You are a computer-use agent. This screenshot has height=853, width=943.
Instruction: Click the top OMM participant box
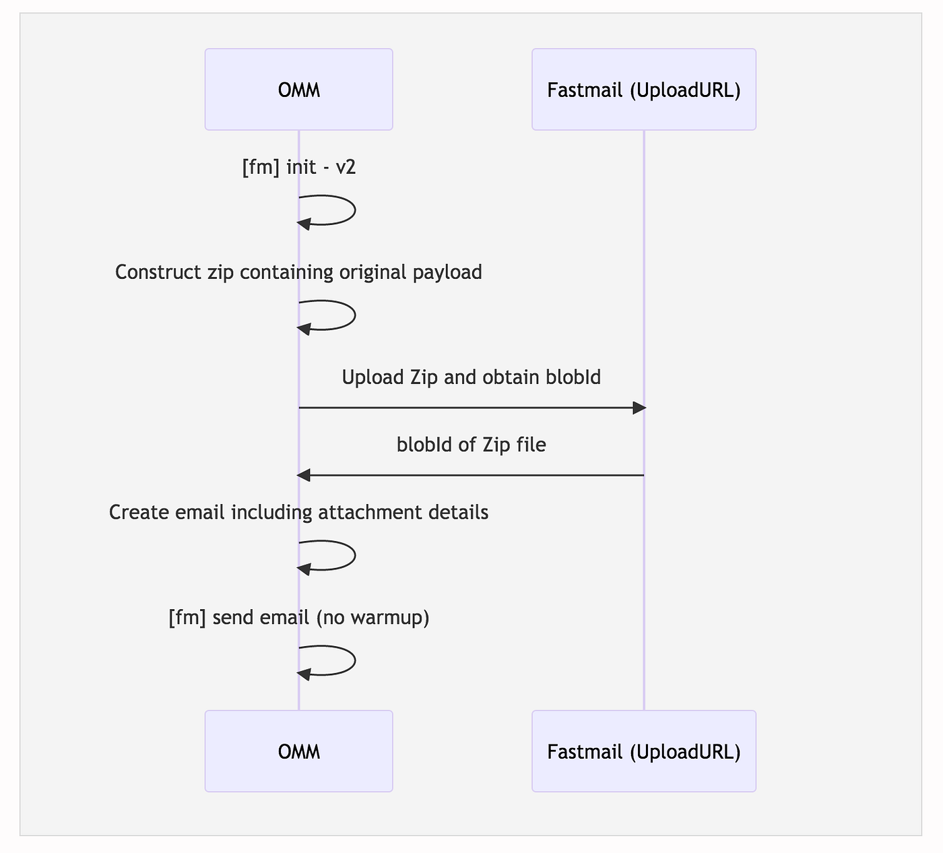coord(298,90)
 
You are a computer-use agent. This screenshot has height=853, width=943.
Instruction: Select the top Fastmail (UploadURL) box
coord(643,90)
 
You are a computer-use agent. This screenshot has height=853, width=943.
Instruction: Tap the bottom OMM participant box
coord(298,751)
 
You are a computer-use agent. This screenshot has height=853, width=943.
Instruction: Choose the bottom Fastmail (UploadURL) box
coord(643,751)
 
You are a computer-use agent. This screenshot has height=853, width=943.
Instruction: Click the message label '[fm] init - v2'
coord(298,167)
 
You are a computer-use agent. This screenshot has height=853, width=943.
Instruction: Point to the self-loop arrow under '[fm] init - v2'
coord(355,210)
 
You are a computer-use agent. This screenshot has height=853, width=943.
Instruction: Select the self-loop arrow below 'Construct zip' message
coord(355,315)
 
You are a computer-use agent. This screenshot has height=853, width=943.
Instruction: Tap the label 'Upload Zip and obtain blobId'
coord(471,377)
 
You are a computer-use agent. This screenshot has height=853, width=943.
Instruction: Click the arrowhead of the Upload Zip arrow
coord(639,408)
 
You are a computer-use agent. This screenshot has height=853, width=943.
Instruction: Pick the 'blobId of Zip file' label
coord(471,445)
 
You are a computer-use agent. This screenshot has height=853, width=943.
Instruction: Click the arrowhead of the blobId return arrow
coord(304,476)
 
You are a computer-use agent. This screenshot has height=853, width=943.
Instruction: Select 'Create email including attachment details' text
coord(298,513)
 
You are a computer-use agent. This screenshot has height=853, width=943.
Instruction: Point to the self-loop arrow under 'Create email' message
coord(355,555)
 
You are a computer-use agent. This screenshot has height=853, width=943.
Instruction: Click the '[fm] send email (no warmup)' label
coord(298,617)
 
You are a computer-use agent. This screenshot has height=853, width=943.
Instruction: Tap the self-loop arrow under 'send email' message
coord(355,661)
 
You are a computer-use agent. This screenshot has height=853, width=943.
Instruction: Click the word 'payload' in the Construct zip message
coord(447,274)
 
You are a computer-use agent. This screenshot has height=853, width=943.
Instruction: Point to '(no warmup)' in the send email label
coord(372,618)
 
